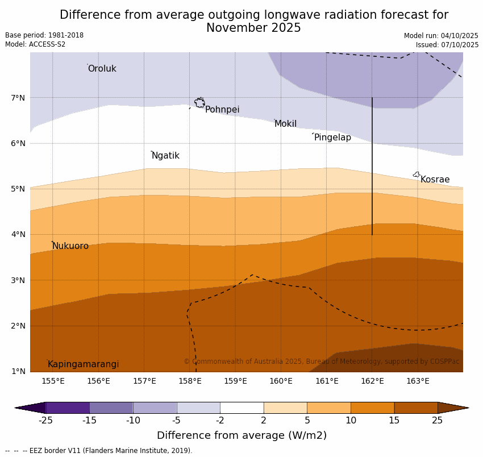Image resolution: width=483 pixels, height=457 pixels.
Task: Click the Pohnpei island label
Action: click(222, 110)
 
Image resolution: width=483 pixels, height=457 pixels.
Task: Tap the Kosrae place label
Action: click(435, 180)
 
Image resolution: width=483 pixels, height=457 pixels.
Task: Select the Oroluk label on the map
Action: click(102, 69)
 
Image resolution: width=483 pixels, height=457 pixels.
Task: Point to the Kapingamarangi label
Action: click(84, 364)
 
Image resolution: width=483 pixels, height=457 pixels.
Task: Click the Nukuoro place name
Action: click(70, 246)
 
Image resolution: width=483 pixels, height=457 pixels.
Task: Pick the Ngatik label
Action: click(165, 156)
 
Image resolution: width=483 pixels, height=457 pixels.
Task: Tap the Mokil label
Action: click(285, 124)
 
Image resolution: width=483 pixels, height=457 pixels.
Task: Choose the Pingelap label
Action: click(332, 138)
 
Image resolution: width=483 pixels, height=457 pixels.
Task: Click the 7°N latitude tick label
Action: click(18, 98)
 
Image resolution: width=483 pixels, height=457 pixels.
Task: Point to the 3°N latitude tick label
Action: click(18, 280)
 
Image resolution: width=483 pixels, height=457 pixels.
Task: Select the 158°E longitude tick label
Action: click(190, 381)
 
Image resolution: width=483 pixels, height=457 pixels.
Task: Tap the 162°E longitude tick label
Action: click(372, 381)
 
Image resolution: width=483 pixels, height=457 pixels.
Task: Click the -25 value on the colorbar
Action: click(45, 421)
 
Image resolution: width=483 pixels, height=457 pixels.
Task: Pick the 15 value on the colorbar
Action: click(394, 421)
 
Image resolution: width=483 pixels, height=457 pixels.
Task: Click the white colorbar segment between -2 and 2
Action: click(241, 408)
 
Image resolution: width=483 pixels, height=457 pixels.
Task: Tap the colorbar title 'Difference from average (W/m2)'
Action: click(241, 436)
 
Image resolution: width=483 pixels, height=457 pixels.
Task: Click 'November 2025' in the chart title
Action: click(253, 28)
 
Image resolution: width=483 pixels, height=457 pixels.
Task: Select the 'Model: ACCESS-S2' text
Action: click(35, 44)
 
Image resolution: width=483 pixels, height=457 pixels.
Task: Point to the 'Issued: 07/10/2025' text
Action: click(447, 45)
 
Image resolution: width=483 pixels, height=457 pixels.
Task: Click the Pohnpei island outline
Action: click(199, 103)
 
